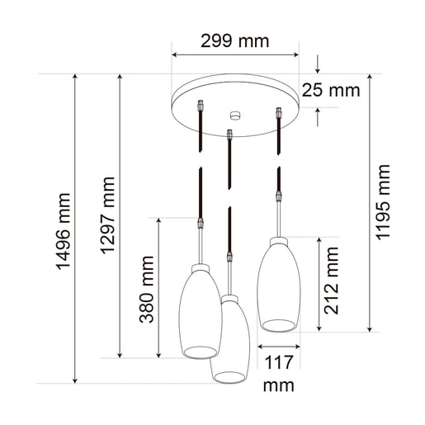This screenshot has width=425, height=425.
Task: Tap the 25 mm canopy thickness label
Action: (330, 91)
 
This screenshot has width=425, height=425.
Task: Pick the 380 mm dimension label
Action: (147, 290)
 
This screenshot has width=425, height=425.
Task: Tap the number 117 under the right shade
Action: (279, 361)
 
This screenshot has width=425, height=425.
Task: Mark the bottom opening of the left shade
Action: (199, 353)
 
